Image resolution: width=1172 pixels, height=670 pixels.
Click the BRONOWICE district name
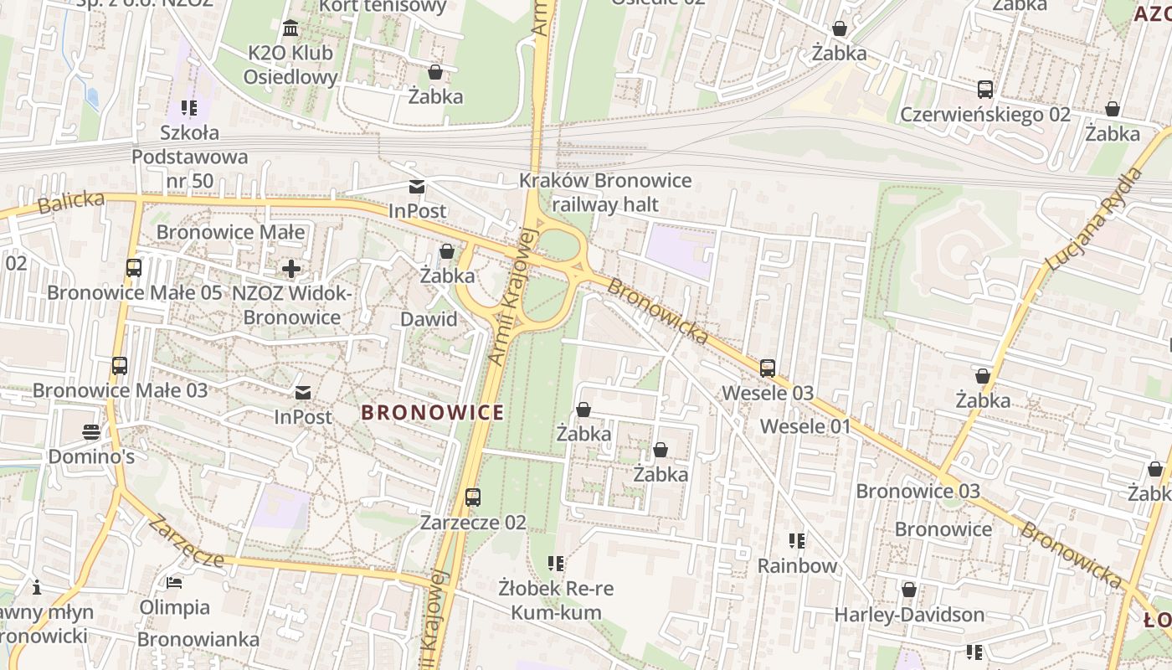click(433, 412)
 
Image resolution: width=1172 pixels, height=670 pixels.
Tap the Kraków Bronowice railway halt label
click(605, 193)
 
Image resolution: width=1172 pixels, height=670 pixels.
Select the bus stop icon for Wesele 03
click(768, 368)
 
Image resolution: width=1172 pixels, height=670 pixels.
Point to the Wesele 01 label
click(804, 426)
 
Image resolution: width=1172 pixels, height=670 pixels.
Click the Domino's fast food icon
click(91, 432)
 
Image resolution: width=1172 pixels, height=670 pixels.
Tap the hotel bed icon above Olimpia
click(174, 582)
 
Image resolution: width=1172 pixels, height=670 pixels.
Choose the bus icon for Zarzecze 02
click(473, 497)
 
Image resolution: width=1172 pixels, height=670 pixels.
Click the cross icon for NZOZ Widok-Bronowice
click(291, 269)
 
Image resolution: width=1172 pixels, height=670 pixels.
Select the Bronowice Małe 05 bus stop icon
click(134, 268)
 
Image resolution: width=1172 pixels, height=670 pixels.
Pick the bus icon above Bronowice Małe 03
click(120, 366)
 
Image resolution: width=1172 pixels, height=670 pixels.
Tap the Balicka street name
click(71, 203)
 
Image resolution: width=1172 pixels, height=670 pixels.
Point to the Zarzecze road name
click(185, 541)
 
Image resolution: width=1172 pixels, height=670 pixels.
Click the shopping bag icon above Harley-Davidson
click(909, 590)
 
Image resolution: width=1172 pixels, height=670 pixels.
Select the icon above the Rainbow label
click(797, 541)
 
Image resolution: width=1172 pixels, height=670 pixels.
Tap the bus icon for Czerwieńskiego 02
click(985, 90)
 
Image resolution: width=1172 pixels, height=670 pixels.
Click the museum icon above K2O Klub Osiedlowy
click(290, 29)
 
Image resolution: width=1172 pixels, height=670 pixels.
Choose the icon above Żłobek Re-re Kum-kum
click(556, 564)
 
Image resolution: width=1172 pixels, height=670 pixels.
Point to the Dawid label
click(429, 319)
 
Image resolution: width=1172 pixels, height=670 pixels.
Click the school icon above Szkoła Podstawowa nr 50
click(189, 108)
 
